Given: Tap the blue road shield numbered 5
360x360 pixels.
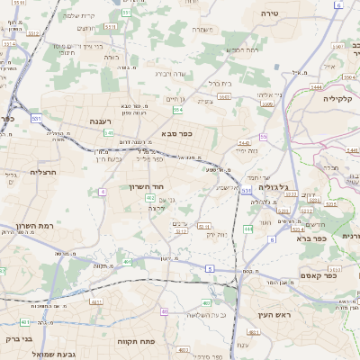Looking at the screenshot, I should (209, 268).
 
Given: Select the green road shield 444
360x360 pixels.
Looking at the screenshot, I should (248, 229).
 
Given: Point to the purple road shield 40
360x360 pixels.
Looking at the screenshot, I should (164, 311).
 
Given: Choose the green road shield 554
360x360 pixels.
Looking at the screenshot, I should (178, 110).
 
